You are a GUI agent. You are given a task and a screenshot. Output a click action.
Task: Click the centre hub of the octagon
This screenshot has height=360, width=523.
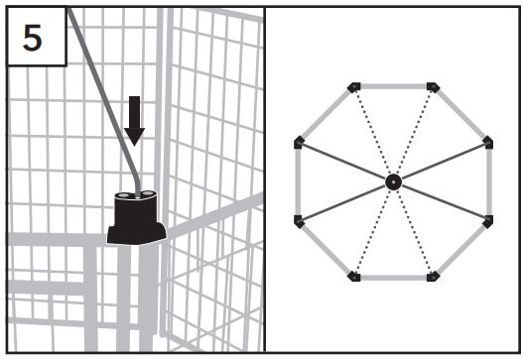[x=393, y=181]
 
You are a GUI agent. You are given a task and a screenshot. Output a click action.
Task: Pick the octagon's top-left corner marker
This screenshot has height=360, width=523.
[x=354, y=87]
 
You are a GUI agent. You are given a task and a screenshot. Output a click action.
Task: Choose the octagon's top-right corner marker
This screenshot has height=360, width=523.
[x=433, y=87]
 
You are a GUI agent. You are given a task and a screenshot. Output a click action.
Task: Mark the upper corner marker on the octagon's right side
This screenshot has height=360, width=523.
[x=487, y=143]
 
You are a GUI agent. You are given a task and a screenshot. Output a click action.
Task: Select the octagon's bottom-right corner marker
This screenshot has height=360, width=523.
[x=433, y=276]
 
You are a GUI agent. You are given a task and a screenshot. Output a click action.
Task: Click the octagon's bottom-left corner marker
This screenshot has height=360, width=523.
[x=354, y=276]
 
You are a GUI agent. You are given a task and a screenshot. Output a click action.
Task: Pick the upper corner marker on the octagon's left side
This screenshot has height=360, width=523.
[x=299, y=143]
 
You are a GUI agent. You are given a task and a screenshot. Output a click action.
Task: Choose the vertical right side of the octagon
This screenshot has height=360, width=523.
[x=488, y=181]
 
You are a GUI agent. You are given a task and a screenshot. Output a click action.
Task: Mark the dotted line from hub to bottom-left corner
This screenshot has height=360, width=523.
[x=373, y=230]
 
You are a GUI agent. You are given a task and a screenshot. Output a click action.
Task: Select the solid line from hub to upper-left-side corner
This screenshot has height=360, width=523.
[x=345, y=162]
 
